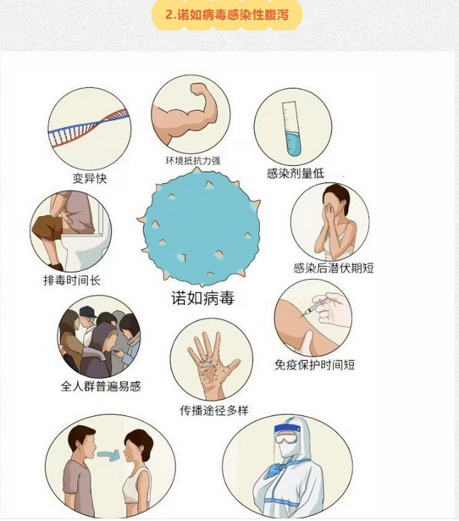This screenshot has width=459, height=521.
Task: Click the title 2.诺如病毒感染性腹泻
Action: [x=227, y=15]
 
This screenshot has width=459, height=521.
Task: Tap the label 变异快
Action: [x=90, y=178]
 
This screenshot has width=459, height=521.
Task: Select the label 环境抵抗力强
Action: [x=193, y=161]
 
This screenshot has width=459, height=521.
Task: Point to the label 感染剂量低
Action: [x=295, y=173]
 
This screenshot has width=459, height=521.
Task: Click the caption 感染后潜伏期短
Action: [x=334, y=268]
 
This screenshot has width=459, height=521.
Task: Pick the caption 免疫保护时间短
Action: [x=315, y=364]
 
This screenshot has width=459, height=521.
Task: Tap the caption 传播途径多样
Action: [x=214, y=411]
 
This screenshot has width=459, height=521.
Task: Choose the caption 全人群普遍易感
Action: [x=101, y=386]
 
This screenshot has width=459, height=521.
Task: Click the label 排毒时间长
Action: [x=72, y=280]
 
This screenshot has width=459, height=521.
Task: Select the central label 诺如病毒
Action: [x=203, y=298]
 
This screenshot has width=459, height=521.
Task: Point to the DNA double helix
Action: [x=89, y=127]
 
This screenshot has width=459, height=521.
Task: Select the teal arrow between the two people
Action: [x=109, y=455]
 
